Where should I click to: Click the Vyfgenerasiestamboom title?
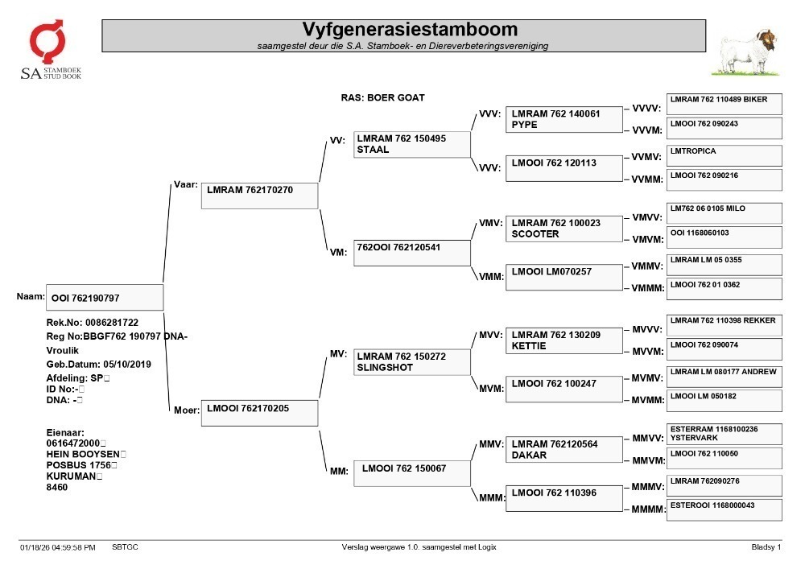click(410, 29)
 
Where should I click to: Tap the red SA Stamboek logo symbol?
click(47, 41)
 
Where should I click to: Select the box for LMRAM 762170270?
click(259, 196)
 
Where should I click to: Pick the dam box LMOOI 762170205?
click(259, 413)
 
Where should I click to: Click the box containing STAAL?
click(411, 144)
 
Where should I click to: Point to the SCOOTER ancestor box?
click(563, 229)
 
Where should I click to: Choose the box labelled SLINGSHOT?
click(411, 361)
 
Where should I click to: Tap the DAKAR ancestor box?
click(563, 449)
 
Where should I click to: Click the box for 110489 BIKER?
click(724, 104)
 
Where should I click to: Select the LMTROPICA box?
click(724, 155)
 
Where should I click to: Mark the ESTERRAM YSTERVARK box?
click(724, 434)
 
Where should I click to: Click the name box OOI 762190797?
click(105, 298)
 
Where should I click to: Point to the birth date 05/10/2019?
click(127, 365)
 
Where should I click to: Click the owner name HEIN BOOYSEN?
click(83, 454)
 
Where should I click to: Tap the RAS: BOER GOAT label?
click(383, 97)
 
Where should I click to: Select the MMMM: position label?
click(648, 509)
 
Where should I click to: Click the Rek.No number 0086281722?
click(112, 323)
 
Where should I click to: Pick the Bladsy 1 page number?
click(766, 547)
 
